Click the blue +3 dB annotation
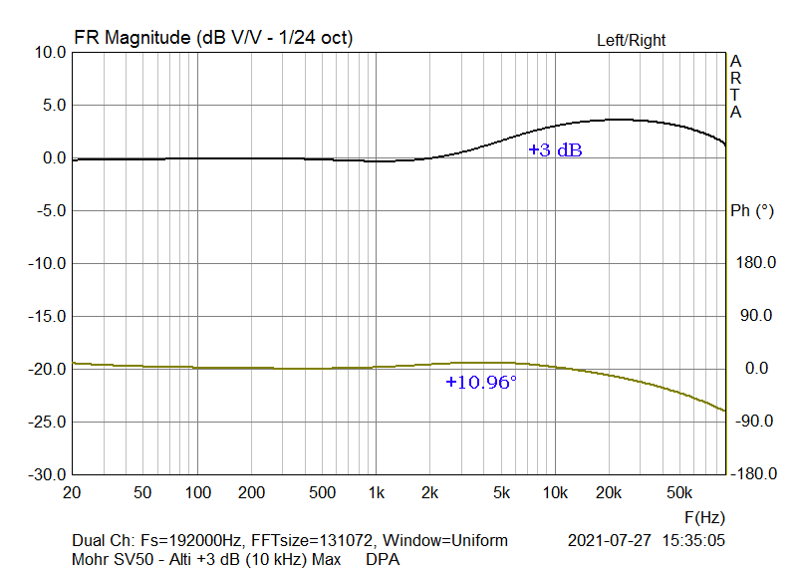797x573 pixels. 555,150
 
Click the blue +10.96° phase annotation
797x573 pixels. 481,382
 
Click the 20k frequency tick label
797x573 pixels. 609,492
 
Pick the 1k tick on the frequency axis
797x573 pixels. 376,492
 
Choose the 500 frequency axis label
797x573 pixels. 322,492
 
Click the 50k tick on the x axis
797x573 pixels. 679,492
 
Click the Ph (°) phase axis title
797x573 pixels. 752,210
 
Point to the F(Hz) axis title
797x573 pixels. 704,518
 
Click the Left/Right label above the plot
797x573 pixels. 631,41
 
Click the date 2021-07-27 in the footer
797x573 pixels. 608,541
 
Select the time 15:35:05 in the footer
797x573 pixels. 693,541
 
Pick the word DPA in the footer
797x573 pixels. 383,560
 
